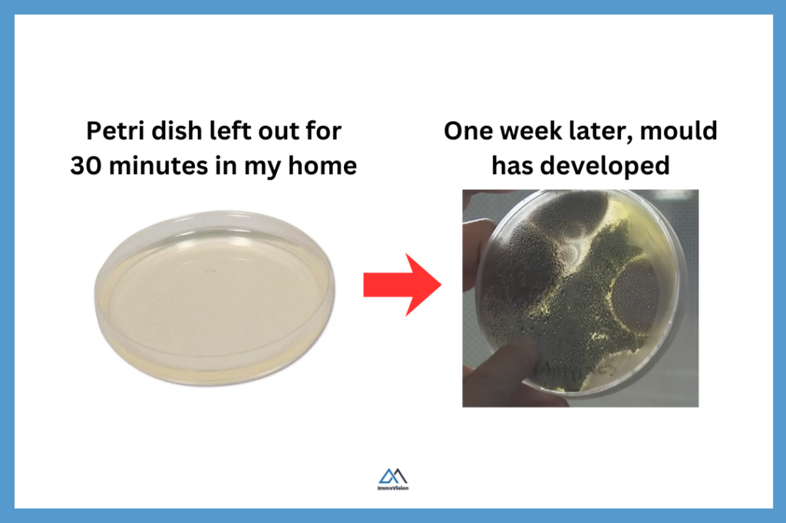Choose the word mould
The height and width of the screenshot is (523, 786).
coord(679,131)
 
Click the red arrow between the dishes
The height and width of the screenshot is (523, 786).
coord(402,285)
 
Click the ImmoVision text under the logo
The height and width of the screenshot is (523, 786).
coord(393,488)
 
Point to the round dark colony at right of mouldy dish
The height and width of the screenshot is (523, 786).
coord(638,288)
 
